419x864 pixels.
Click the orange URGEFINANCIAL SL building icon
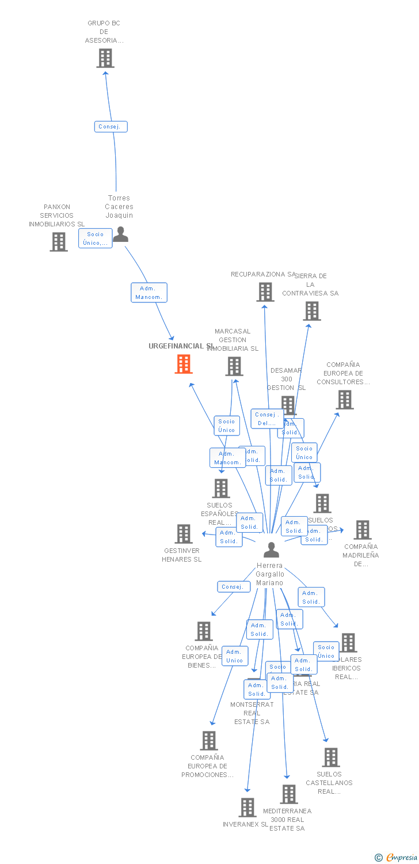pyautogui.click(x=184, y=364)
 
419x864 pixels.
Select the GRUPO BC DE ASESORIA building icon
pyautogui.click(x=105, y=58)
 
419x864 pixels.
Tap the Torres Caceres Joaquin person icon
pyautogui.click(x=120, y=234)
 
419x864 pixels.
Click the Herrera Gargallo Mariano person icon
pyautogui.click(x=271, y=550)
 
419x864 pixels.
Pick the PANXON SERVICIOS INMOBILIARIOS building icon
pyautogui.click(x=59, y=242)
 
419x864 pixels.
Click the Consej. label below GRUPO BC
pyautogui.click(x=111, y=127)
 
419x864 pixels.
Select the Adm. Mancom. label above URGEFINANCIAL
pyautogui.click(x=149, y=293)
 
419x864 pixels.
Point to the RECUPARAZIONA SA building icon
pyautogui.click(x=265, y=292)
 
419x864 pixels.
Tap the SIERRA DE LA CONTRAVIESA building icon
pyautogui.click(x=312, y=311)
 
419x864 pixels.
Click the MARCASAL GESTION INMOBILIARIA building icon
pyautogui.click(x=234, y=366)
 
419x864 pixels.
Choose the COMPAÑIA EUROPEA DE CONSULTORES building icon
pyautogui.click(x=345, y=400)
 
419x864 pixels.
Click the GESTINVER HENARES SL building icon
pyautogui.click(x=184, y=534)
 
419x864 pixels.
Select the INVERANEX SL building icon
pyautogui.click(x=247, y=808)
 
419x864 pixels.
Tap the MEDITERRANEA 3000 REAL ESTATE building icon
pyautogui.click(x=289, y=794)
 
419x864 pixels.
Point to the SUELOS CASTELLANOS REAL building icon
pyautogui.click(x=331, y=757)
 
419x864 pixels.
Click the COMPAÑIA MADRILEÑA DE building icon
pyautogui.click(x=363, y=530)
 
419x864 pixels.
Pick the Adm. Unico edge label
pyautogui.click(x=235, y=656)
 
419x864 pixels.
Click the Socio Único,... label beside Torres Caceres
pyautogui.click(x=96, y=238)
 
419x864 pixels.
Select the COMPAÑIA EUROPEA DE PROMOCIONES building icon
pyautogui.click(x=209, y=741)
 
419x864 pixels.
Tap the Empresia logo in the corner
pyautogui.click(x=397, y=858)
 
